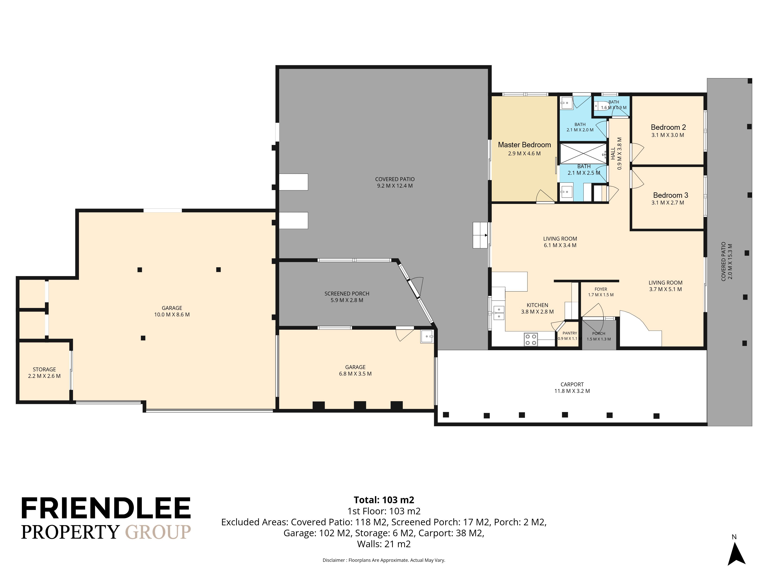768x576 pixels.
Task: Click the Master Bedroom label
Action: pos(524,145)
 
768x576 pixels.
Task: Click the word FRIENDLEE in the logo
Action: pos(106,508)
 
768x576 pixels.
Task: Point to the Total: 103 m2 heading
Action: pos(384,500)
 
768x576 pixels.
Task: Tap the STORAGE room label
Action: pos(44,369)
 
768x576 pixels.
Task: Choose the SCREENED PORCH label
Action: pos(347,294)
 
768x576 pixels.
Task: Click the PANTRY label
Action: pos(570,333)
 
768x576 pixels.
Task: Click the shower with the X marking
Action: pos(584,153)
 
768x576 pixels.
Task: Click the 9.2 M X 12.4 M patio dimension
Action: pos(395,186)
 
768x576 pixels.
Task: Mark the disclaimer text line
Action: pos(384,560)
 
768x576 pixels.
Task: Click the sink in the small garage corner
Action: pos(427,336)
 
